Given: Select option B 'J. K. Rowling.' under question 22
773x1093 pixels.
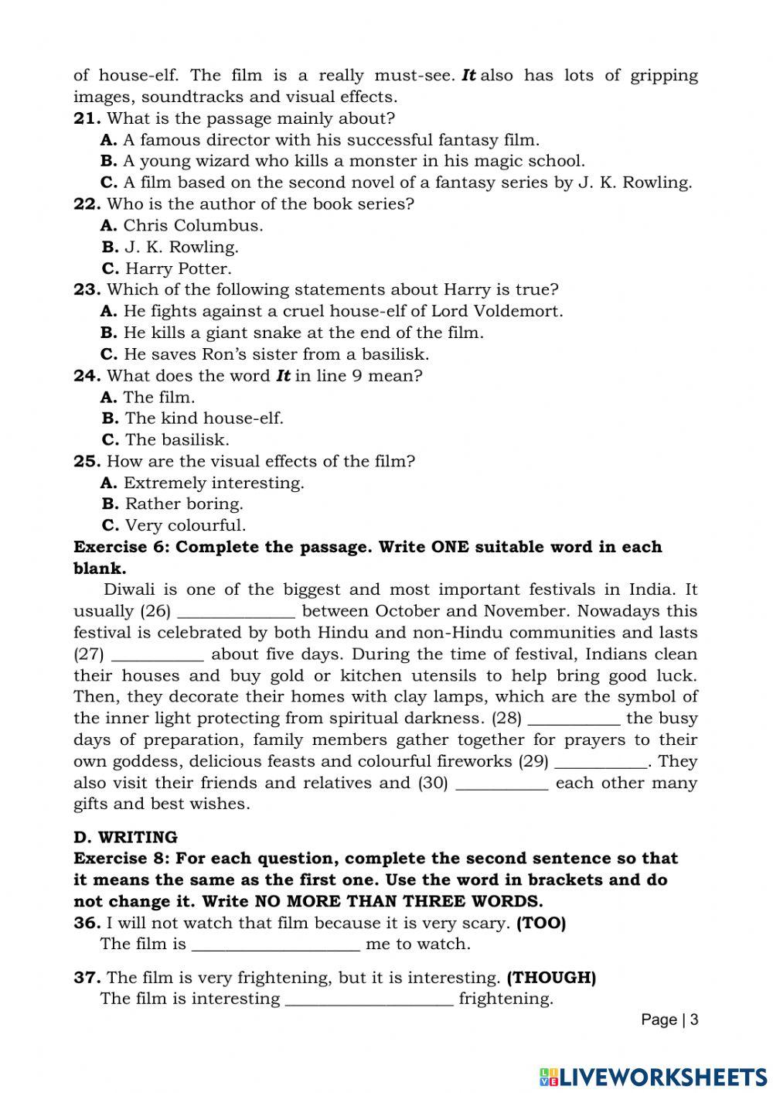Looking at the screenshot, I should tap(181, 248).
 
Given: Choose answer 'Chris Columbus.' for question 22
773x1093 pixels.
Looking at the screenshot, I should tap(192, 226).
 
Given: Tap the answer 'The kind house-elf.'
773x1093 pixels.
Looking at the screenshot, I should tap(203, 418).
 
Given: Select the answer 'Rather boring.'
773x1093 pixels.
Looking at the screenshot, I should tap(183, 504).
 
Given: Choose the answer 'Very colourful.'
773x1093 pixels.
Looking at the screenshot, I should tap(185, 525).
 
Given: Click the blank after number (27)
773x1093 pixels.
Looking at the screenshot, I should tap(158, 654).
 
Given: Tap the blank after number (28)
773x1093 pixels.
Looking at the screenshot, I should tap(574, 719).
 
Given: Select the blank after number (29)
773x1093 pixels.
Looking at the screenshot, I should tap(601, 762).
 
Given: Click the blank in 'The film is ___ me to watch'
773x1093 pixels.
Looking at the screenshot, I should tap(275, 944).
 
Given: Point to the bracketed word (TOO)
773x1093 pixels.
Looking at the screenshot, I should tap(541, 923).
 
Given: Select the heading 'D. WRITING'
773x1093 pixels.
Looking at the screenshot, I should tap(125, 837).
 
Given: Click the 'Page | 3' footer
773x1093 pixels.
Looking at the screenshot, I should tap(669, 1020).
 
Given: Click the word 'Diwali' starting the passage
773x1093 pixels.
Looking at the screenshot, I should tap(128, 589).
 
